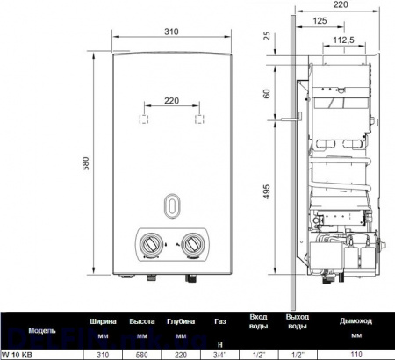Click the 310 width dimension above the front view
pyautogui.click(x=171, y=32)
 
